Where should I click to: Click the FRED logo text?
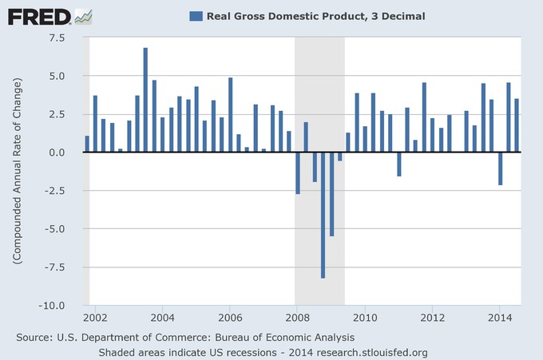coord(36,15)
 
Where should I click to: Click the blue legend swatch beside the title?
coord(195,15)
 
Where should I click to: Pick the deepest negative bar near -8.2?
coord(323,215)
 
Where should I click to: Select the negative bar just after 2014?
coord(500,168)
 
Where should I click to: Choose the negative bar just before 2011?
coord(398,164)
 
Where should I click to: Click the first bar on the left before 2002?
coord(86,144)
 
